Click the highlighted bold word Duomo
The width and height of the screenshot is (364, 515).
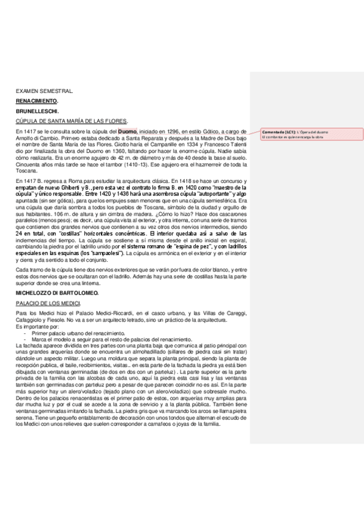point(128,132)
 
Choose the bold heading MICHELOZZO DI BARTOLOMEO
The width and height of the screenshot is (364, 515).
point(57,293)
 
